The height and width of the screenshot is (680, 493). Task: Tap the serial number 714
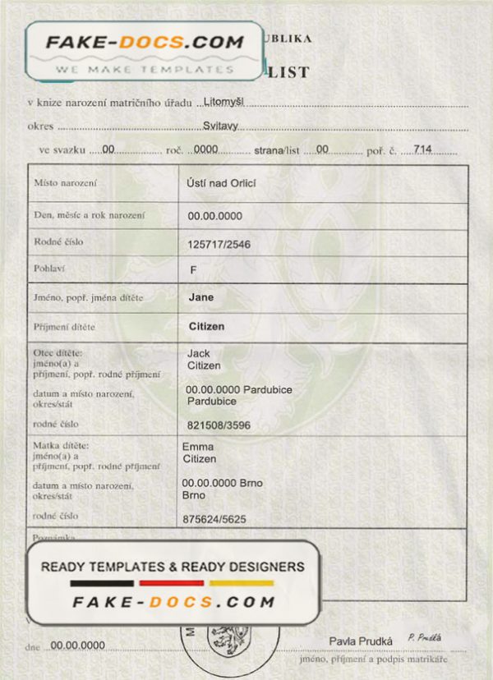pyautogui.click(x=424, y=149)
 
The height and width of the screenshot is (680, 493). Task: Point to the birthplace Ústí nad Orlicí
pyautogui.click(x=222, y=183)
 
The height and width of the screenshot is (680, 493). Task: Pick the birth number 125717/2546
pyautogui.click(x=219, y=245)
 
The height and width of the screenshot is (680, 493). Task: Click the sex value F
pyautogui.click(x=193, y=269)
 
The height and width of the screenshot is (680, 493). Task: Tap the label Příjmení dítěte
pyautogui.click(x=64, y=326)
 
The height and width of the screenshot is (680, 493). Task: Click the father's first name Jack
pyautogui.click(x=198, y=353)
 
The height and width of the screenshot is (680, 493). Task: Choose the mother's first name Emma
pyautogui.click(x=197, y=446)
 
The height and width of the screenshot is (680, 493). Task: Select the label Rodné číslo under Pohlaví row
pyautogui.click(x=58, y=242)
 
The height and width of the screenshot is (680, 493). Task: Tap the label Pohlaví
pyautogui.click(x=48, y=269)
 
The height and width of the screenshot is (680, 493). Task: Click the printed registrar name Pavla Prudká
pyautogui.click(x=361, y=641)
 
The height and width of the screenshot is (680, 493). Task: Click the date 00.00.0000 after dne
pyautogui.click(x=78, y=646)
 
